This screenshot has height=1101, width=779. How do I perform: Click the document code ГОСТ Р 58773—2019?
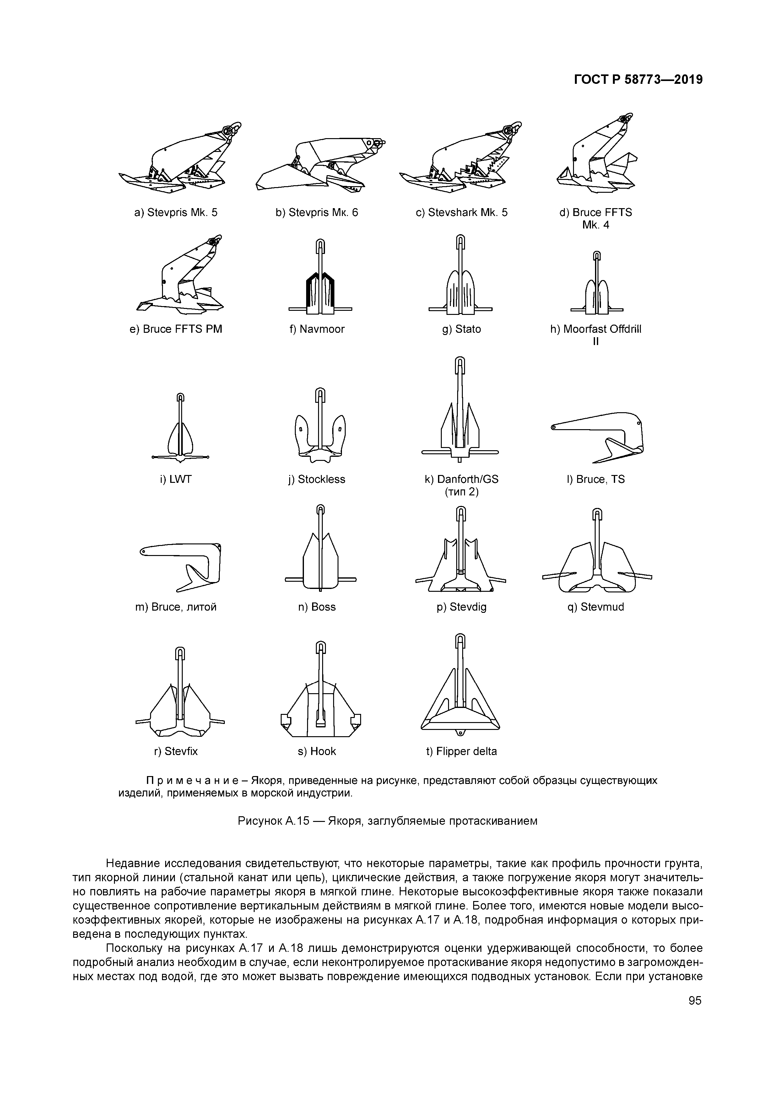[x=638, y=80]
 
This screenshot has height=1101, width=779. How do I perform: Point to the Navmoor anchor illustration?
[x=320, y=278]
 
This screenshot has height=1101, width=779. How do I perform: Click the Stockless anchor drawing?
[x=320, y=427]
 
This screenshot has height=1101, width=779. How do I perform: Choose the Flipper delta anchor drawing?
[x=460, y=691]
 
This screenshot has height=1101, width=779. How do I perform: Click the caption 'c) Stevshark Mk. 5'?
[x=461, y=213]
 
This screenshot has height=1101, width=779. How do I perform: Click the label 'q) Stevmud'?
[x=595, y=607]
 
